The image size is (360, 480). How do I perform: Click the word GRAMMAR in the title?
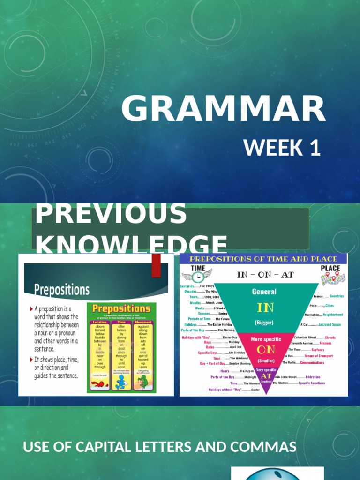tap(223, 109)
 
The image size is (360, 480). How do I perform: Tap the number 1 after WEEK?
tap(315, 148)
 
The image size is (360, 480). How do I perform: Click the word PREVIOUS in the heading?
tap(111, 213)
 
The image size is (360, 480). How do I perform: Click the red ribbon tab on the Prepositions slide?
tap(156, 265)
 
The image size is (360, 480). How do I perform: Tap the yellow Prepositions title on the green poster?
tap(121, 308)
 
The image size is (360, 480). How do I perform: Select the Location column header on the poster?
tap(99, 322)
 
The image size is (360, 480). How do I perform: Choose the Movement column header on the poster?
tap(143, 322)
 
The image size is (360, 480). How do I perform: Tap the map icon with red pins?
tap(333, 278)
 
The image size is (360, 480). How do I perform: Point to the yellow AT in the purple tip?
tap(266, 376)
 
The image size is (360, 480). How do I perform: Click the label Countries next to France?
tap(337, 296)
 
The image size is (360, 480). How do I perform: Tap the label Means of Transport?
tap(319, 356)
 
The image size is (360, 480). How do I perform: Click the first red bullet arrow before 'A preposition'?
tap(31, 309)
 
